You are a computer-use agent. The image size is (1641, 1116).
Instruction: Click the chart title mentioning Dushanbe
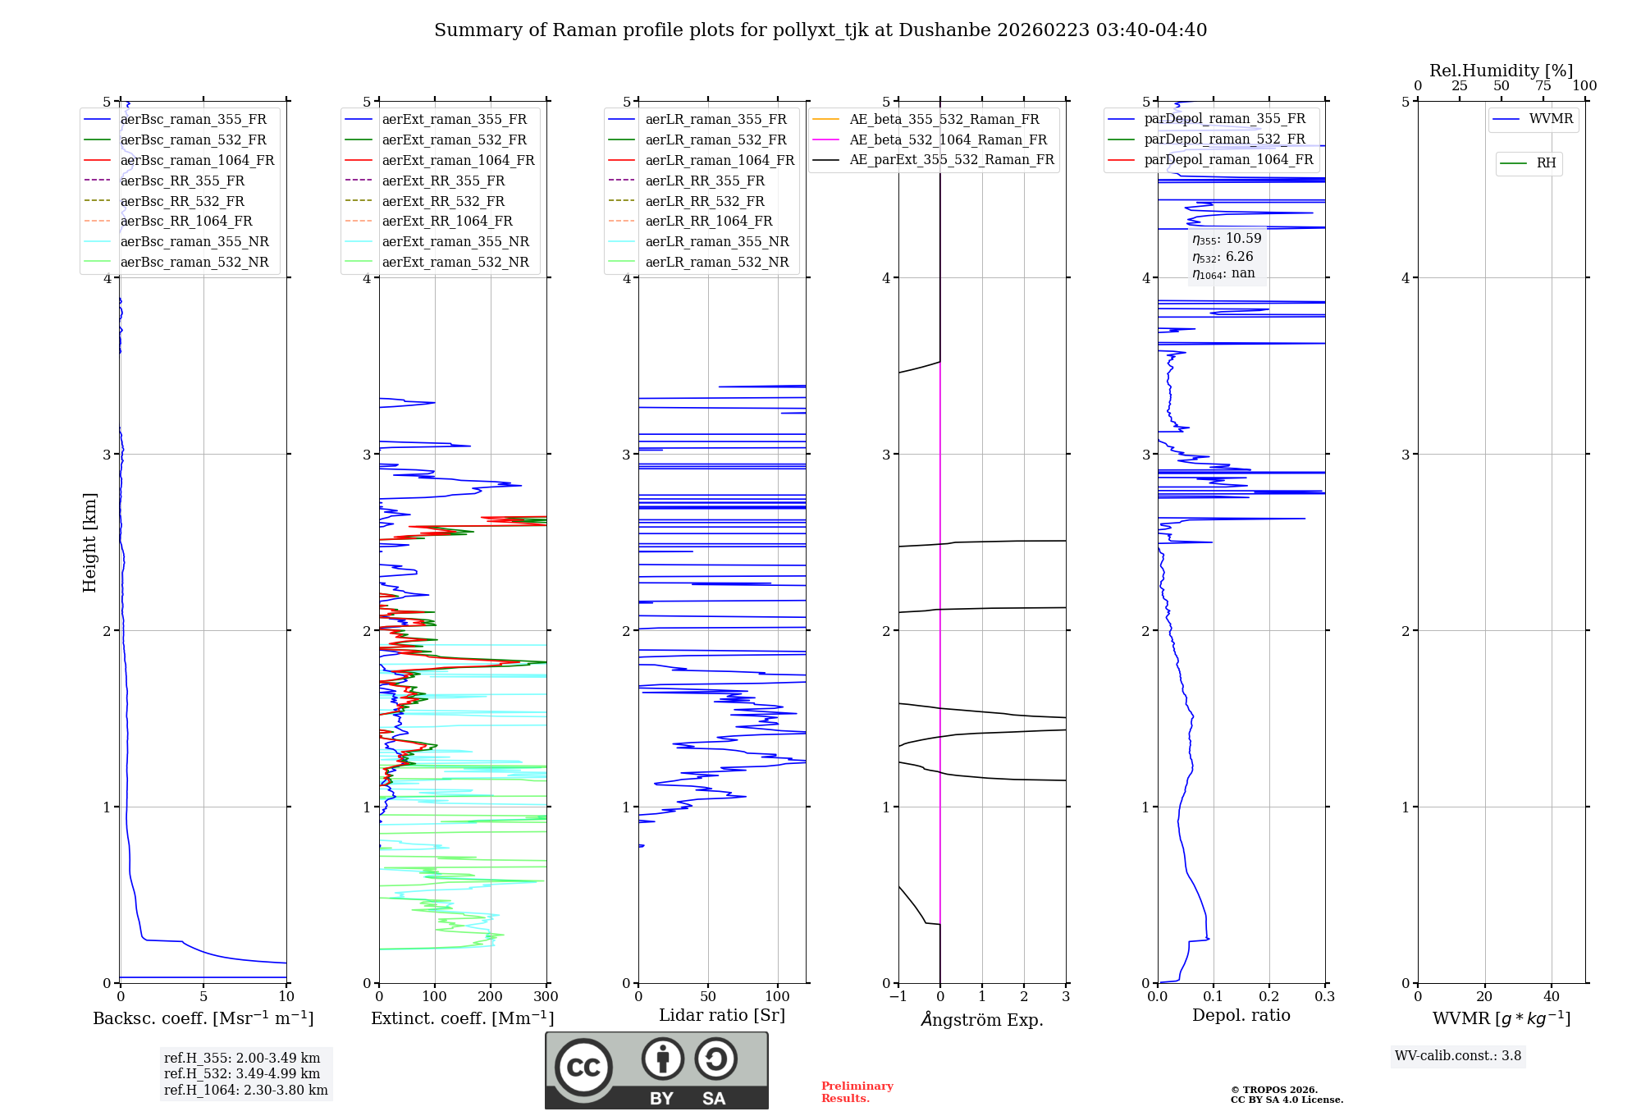click(x=820, y=30)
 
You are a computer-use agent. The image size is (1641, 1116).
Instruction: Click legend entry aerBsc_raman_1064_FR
click(x=197, y=161)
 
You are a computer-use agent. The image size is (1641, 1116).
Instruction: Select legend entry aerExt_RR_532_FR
click(x=443, y=201)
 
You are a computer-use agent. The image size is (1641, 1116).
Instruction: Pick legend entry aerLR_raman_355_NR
click(x=716, y=242)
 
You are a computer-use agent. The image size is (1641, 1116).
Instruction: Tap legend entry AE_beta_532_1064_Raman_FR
click(x=948, y=140)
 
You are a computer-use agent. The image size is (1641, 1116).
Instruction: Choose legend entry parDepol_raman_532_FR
click(x=1224, y=139)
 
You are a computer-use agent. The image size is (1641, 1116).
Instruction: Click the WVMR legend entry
click(x=1551, y=119)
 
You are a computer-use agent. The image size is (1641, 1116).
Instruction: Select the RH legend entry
click(x=1546, y=163)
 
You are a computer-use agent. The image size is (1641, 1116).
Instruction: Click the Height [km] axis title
click(x=89, y=542)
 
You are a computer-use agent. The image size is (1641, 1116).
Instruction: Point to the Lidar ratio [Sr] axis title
click(x=722, y=1016)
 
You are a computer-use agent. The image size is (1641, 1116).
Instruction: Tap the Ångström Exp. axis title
click(x=982, y=1020)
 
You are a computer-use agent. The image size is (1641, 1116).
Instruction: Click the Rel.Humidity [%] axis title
click(x=1501, y=71)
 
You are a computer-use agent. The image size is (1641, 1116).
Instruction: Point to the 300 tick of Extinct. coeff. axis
click(x=546, y=997)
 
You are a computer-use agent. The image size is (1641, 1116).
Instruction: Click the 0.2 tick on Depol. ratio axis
click(x=1269, y=997)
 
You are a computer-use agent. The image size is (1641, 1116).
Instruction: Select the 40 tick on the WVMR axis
click(x=1552, y=997)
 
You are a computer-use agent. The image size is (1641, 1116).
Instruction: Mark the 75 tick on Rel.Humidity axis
click(x=1543, y=86)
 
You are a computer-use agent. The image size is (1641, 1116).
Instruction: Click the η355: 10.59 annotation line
click(x=1227, y=239)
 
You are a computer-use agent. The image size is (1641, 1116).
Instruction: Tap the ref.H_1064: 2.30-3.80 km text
click(x=245, y=1091)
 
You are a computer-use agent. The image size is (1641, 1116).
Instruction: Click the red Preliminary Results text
click(x=857, y=1092)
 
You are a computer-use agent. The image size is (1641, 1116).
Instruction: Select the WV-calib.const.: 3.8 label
click(x=1458, y=1056)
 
